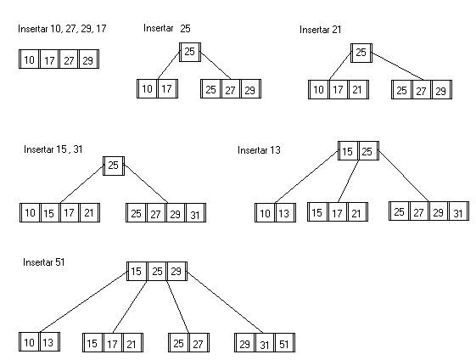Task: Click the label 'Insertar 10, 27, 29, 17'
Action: coord(62,29)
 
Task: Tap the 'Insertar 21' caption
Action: coord(320,30)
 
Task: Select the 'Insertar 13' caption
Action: coord(259,150)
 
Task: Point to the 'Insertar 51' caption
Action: coord(44,262)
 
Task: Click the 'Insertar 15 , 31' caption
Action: coord(53,149)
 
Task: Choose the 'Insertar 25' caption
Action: coord(167,28)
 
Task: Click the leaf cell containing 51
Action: coord(284,343)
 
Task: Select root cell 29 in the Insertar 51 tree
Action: coord(176,272)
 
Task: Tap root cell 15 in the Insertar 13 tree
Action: coord(348,151)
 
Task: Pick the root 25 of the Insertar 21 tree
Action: coord(361,53)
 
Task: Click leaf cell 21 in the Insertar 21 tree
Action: coord(358,90)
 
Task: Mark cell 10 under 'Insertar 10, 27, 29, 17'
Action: coord(29,59)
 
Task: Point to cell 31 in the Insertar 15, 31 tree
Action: coord(195,213)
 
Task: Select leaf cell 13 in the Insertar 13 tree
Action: coord(285,213)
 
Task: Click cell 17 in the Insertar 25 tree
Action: coord(167,88)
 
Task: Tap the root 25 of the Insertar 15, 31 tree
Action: coord(114,166)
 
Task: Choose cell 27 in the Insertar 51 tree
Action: coord(199,343)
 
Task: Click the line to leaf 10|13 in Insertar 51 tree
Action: coord(83,301)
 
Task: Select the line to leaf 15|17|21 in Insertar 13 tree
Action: coord(348,182)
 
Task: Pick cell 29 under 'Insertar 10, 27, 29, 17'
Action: coord(88,59)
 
